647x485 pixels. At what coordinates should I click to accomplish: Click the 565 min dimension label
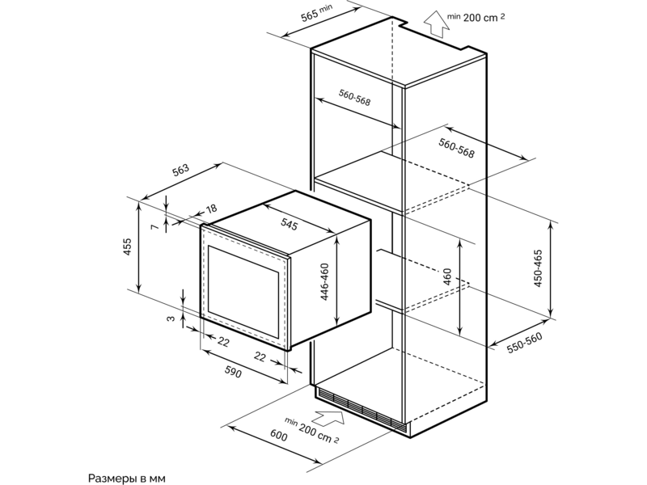(x=316, y=12)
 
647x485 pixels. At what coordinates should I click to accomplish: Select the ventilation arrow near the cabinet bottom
(x=328, y=417)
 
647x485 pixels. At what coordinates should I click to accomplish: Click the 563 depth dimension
(x=180, y=170)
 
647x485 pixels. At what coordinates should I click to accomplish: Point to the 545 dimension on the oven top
(x=290, y=225)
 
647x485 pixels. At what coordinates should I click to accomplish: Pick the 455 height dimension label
(x=128, y=247)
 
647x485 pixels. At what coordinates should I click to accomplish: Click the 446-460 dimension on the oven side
(x=325, y=282)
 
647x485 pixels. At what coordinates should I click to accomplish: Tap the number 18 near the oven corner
(x=211, y=209)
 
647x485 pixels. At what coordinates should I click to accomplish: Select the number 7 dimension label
(x=154, y=227)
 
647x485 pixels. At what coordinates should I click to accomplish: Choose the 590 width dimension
(x=233, y=373)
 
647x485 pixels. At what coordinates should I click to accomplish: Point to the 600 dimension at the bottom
(x=279, y=435)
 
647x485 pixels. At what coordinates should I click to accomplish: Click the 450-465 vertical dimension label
(x=538, y=268)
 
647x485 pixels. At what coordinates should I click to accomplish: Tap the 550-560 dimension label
(x=524, y=343)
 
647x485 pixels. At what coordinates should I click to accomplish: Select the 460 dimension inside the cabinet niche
(x=448, y=277)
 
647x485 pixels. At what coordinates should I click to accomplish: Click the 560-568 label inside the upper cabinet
(x=355, y=97)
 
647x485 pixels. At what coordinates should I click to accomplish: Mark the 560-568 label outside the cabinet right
(x=457, y=149)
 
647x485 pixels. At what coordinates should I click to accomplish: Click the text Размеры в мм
(x=127, y=479)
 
